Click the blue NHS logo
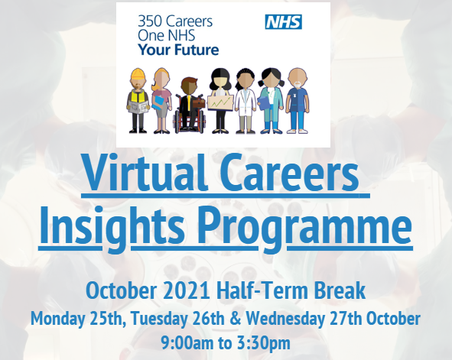point(283,22)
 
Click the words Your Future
point(177,50)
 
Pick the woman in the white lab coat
point(245,101)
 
